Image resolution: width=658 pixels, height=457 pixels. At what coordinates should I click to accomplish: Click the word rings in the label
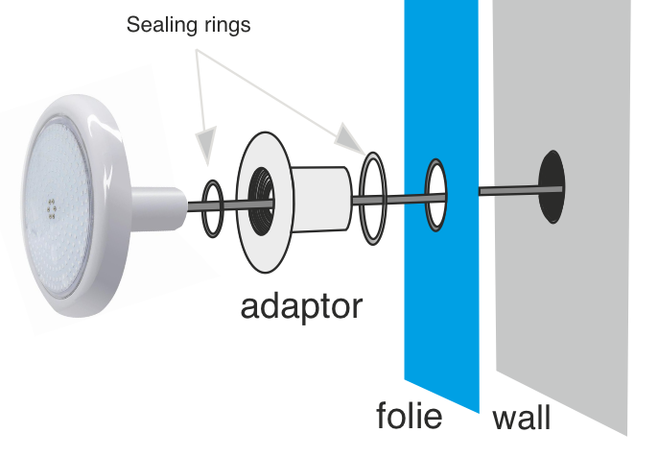click(228, 25)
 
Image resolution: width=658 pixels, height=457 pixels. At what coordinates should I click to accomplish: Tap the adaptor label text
click(301, 307)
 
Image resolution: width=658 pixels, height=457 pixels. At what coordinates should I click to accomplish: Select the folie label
click(410, 415)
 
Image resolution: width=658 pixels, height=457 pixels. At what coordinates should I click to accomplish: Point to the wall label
click(521, 418)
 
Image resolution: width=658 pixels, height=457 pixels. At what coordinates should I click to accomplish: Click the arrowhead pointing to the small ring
click(206, 142)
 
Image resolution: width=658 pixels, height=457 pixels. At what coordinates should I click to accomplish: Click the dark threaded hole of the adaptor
click(260, 201)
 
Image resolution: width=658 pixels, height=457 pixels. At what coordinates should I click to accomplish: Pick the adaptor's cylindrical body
click(321, 199)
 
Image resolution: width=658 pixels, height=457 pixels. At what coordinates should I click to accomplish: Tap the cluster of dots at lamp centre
click(52, 208)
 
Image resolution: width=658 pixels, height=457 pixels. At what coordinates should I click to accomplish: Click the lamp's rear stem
click(158, 208)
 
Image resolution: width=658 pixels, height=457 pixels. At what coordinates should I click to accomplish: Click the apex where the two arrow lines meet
click(197, 50)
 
